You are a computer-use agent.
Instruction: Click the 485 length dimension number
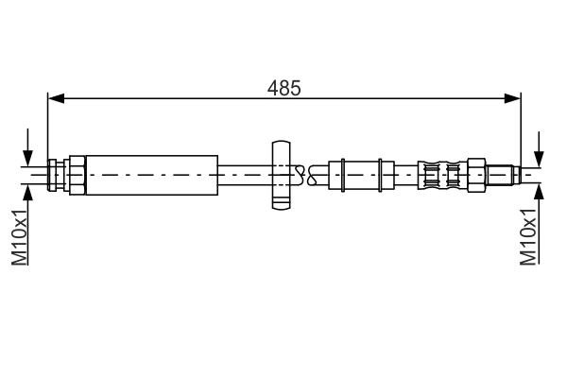click(284, 88)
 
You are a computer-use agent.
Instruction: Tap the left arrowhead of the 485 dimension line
click(55, 97)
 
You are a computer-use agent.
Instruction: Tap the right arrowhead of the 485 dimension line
click(514, 97)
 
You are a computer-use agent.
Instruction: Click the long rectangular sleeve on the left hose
click(151, 173)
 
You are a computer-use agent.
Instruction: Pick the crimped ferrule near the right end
click(444, 174)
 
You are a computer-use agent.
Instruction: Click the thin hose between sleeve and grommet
click(244, 173)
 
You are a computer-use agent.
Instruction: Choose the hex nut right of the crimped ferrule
click(478, 174)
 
